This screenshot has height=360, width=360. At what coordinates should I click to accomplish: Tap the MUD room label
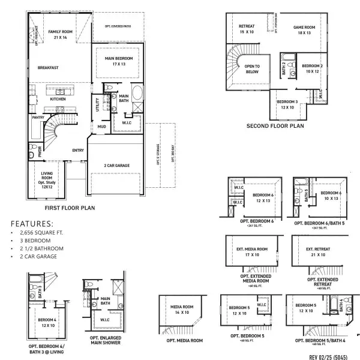pyautogui.click(x=101, y=127)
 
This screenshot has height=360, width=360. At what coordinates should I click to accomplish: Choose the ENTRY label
pyautogui.click(x=78, y=151)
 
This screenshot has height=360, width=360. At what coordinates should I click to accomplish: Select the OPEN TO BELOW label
pyautogui.click(x=250, y=69)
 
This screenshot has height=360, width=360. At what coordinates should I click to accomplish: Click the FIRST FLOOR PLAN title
pyautogui.click(x=70, y=208)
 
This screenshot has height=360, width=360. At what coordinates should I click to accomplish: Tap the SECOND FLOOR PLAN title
pyautogui.click(x=275, y=127)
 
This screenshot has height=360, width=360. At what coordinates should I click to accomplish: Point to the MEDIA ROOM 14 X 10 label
pyautogui.click(x=181, y=310)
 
